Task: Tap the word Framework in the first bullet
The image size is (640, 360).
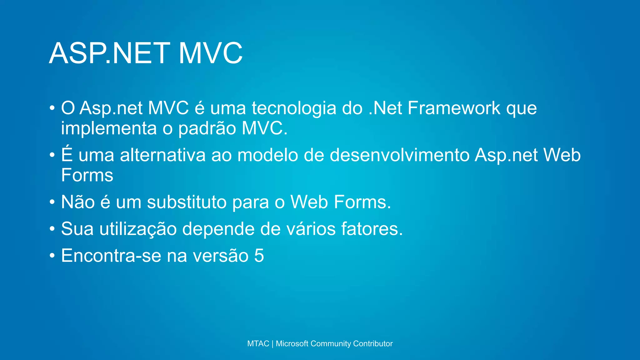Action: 454,108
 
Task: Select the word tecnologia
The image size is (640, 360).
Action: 294,108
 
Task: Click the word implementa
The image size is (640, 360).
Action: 109,128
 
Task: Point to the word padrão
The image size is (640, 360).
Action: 207,128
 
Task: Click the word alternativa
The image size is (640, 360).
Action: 163,155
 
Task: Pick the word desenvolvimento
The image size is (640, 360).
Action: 400,155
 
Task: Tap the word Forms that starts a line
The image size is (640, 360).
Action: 87,175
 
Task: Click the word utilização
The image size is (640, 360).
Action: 138,229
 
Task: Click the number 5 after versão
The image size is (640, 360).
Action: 259,256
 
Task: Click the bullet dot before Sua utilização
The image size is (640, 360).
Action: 52,229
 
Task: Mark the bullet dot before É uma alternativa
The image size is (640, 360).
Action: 52,155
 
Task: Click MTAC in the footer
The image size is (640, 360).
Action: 258,343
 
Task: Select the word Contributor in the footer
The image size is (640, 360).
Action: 373,343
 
